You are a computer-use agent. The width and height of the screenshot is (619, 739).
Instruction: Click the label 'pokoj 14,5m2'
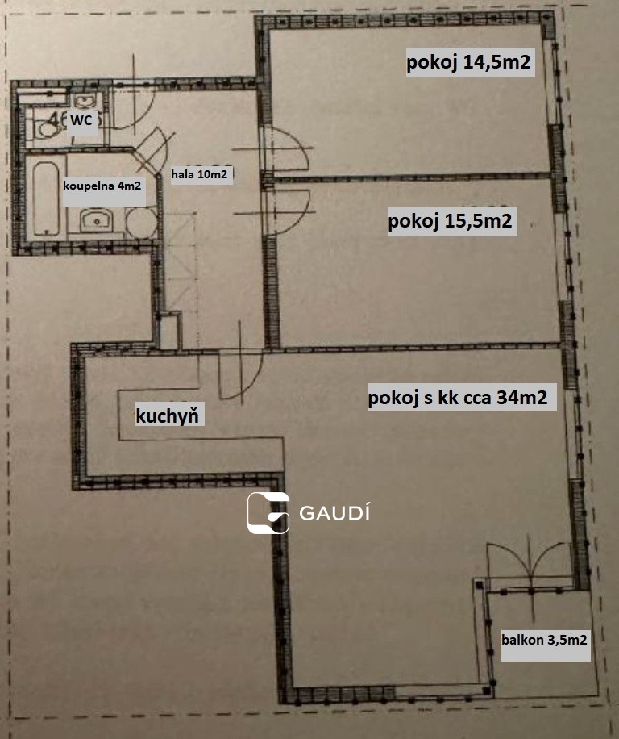(x=468, y=62)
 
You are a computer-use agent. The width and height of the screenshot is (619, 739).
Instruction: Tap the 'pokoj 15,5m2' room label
(x=450, y=220)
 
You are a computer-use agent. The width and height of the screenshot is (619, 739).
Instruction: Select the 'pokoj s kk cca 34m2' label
(x=458, y=397)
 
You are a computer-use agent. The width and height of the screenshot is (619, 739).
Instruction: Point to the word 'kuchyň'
(x=167, y=415)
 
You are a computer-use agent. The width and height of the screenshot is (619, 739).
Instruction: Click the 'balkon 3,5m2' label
(x=544, y=640)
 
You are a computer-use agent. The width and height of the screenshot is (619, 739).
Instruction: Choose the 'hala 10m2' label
(x=199, y=174)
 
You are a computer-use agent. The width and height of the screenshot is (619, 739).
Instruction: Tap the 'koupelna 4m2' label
(x=102, y=186)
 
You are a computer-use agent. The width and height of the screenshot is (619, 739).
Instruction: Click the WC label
(x=81, y=120)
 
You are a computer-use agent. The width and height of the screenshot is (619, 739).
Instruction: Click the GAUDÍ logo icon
(x=268, y=513)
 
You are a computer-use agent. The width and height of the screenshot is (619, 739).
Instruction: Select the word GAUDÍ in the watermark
(x=334, y=513)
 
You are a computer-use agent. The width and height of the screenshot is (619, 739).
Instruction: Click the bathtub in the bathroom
(x=46, y=198)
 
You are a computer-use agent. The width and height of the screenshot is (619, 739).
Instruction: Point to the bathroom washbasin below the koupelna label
(x=96, y=220)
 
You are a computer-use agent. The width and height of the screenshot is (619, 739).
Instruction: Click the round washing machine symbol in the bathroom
(x=141, y=223)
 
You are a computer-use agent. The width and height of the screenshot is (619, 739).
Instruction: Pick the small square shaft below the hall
(x=170, y=331)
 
